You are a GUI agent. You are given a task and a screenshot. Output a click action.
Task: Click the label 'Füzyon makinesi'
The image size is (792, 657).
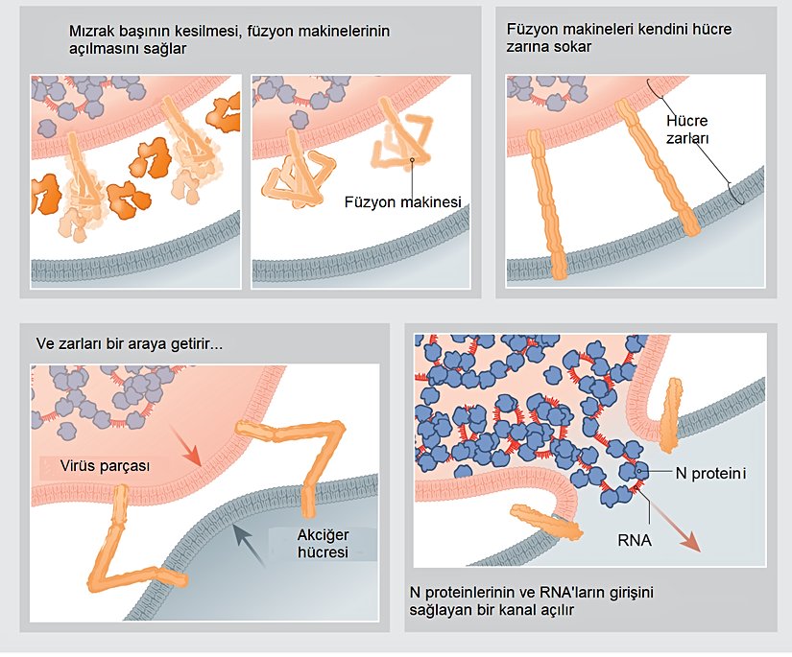pos(403,202)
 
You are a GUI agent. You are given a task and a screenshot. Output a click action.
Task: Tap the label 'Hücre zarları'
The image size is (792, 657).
pos(688,130)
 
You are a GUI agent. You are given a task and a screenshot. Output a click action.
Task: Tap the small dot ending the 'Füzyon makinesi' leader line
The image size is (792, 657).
pos(411,159)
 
